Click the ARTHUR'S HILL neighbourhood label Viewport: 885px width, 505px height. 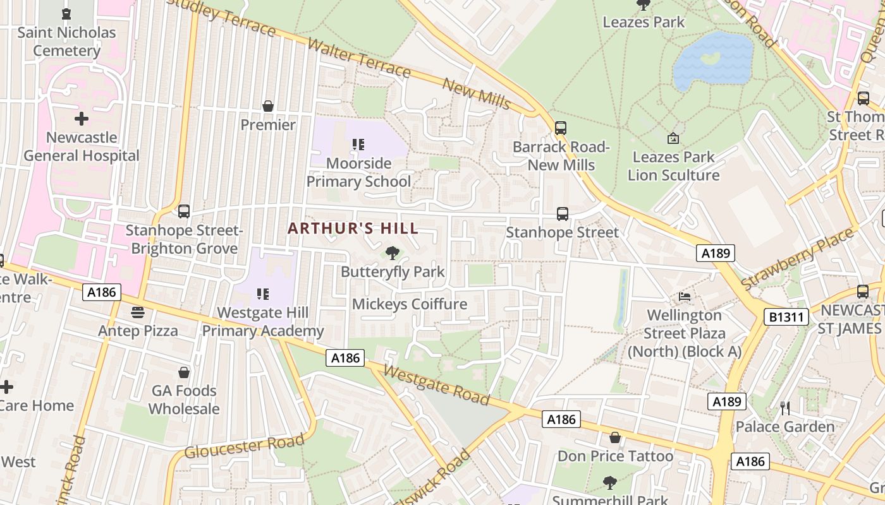[x=353, y=229]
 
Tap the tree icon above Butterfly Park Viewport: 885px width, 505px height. [x=393, y=254]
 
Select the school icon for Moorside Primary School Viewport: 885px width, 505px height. [x=358, y=145]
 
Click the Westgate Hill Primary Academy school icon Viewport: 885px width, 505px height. [x=263, y=294]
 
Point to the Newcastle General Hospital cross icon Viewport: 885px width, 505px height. [x=82, y=119]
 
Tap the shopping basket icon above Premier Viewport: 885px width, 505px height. [x=268, y=106]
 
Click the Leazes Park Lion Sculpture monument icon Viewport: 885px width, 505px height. [x=673, y=138]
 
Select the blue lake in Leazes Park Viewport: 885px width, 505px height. [x=713, y=60]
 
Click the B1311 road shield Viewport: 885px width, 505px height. [x=786, y=317]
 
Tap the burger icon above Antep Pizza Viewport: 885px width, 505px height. [x=138, y=312]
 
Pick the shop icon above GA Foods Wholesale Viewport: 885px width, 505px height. [x=184, y=372]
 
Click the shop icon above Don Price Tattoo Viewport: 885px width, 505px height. [x=615, y=437]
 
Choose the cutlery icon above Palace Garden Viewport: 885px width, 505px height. [x=785, y=408]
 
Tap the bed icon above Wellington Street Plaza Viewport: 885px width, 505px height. [x=685, y=296]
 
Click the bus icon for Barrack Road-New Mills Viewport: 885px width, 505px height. [x=561, y=128]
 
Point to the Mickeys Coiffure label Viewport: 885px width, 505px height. [x=410, y=304]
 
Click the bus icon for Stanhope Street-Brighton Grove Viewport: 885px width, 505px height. [x=184, y=211]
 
